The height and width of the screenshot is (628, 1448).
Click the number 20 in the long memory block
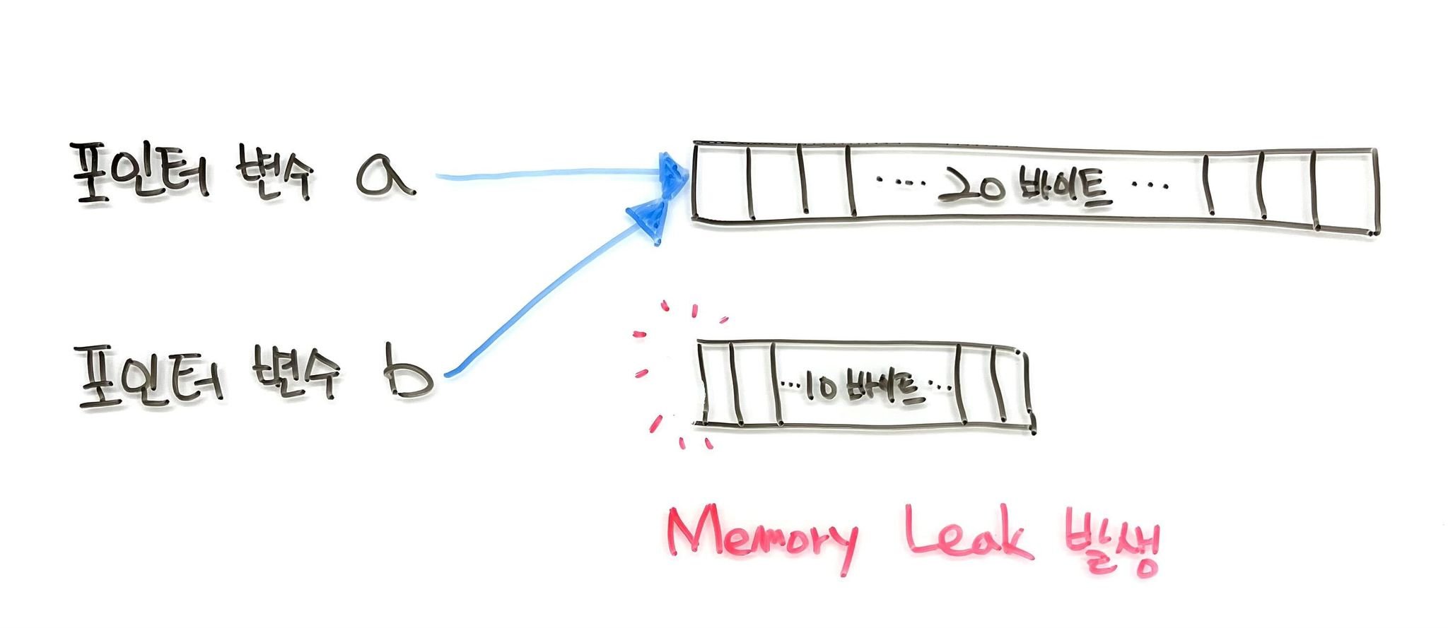click(x=968, y=187)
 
